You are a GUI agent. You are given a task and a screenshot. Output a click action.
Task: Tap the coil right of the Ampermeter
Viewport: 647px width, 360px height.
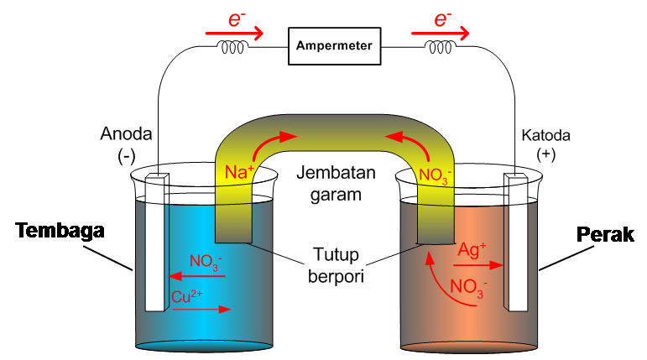click(440, 48)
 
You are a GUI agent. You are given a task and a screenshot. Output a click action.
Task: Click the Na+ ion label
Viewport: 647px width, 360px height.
click(239, 173)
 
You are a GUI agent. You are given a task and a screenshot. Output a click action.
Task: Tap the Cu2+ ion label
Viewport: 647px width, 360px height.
click(189, 296)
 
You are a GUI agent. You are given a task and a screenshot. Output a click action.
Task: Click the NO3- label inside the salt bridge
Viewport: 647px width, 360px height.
click(435, 176)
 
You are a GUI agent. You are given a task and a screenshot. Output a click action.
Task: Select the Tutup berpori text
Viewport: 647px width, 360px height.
click(334, 265)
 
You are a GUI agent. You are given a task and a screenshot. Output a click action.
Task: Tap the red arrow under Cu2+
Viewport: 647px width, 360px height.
click(201, 309)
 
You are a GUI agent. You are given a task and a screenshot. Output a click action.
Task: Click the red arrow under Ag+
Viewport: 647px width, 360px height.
click(479, 264)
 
